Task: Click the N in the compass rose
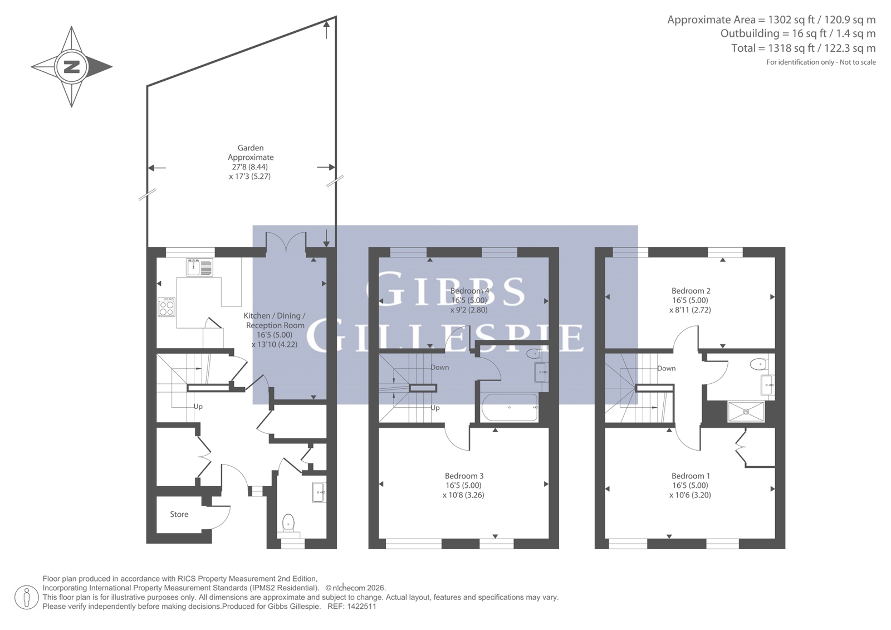pos(72,66)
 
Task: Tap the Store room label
pos(179,514)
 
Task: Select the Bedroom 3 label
pos(464,476)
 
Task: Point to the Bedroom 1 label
pos(691,476)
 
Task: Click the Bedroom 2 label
pos(691,291)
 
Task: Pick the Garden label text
pos(251,148)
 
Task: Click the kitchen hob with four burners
pos(167,307)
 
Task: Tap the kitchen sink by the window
pos(199,267)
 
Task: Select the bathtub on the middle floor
pos(510,407)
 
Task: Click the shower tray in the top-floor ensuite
pos(746,412)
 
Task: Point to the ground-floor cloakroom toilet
pos(288,524)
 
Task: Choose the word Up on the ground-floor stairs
pos(198,406)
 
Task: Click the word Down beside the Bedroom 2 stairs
pos(666,368)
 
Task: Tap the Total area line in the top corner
pos(804,48)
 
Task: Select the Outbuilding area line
pos(799,33)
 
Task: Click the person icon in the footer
pos(26,598)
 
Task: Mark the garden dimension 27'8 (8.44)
pos(250,167)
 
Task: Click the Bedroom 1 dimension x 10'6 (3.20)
pos(690,495)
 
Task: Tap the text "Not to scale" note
pos(858,62)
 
